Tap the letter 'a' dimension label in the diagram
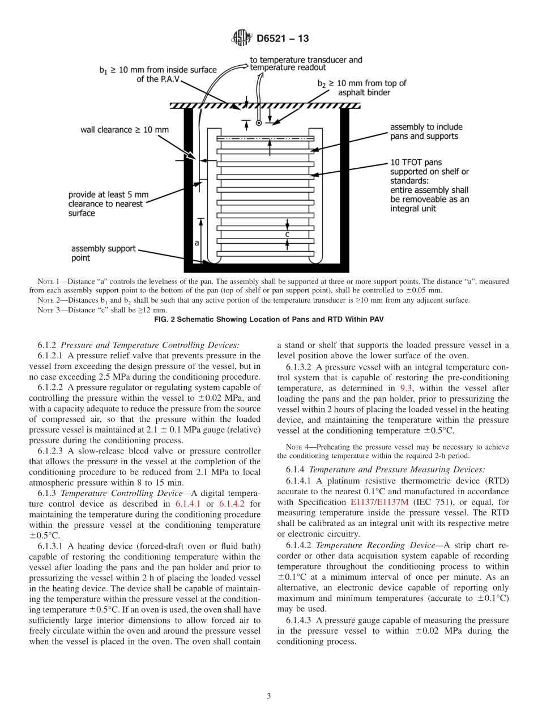[x=197, y=243]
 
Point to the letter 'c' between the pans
[x=287, y=234]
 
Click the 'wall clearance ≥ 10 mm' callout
[x=125, y=130]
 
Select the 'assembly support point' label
[x=103, y=253]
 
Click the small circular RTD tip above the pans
[x=259, y=122]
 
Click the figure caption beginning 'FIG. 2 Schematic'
[x=269, y=320]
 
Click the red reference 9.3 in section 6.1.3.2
[x=407, y=388]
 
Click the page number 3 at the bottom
[x=269, y=697]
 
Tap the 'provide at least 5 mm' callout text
[x=108, y=194]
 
